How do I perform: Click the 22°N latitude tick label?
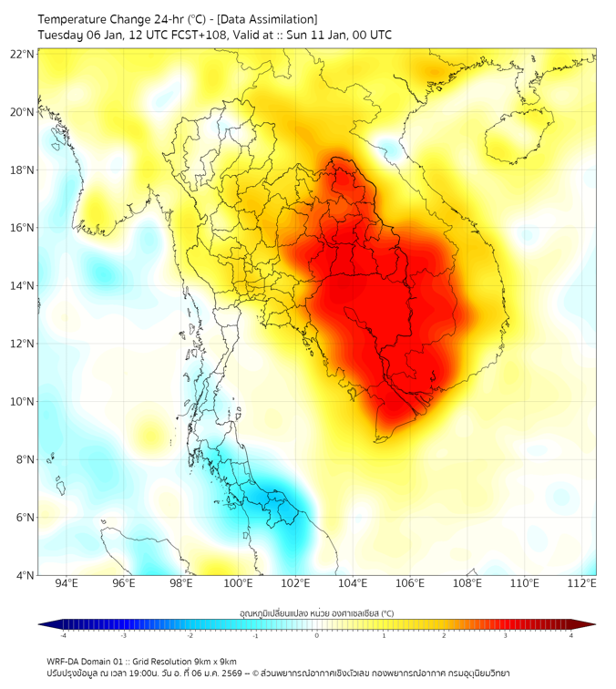click(x=22, y=54)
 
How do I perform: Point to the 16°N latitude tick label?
click(x=22, y=228)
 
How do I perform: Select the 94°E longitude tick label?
click(x=67, y=584)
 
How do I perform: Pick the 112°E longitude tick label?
click(x=582, y=584)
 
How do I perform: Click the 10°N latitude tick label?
click(x=22, y=402)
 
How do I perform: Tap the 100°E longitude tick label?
click(x=238, y=584)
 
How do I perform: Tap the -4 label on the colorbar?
click(x=63, y=635)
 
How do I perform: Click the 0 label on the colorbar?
click(x=317, y=635)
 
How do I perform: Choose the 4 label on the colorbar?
click(x=571, y=635)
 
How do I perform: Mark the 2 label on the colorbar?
click(x=444, y=635)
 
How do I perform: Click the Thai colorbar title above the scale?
click(x=316, y=613)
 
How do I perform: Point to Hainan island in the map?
click(x=520, y=137)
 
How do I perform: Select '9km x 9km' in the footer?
click(x=215, y=661)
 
